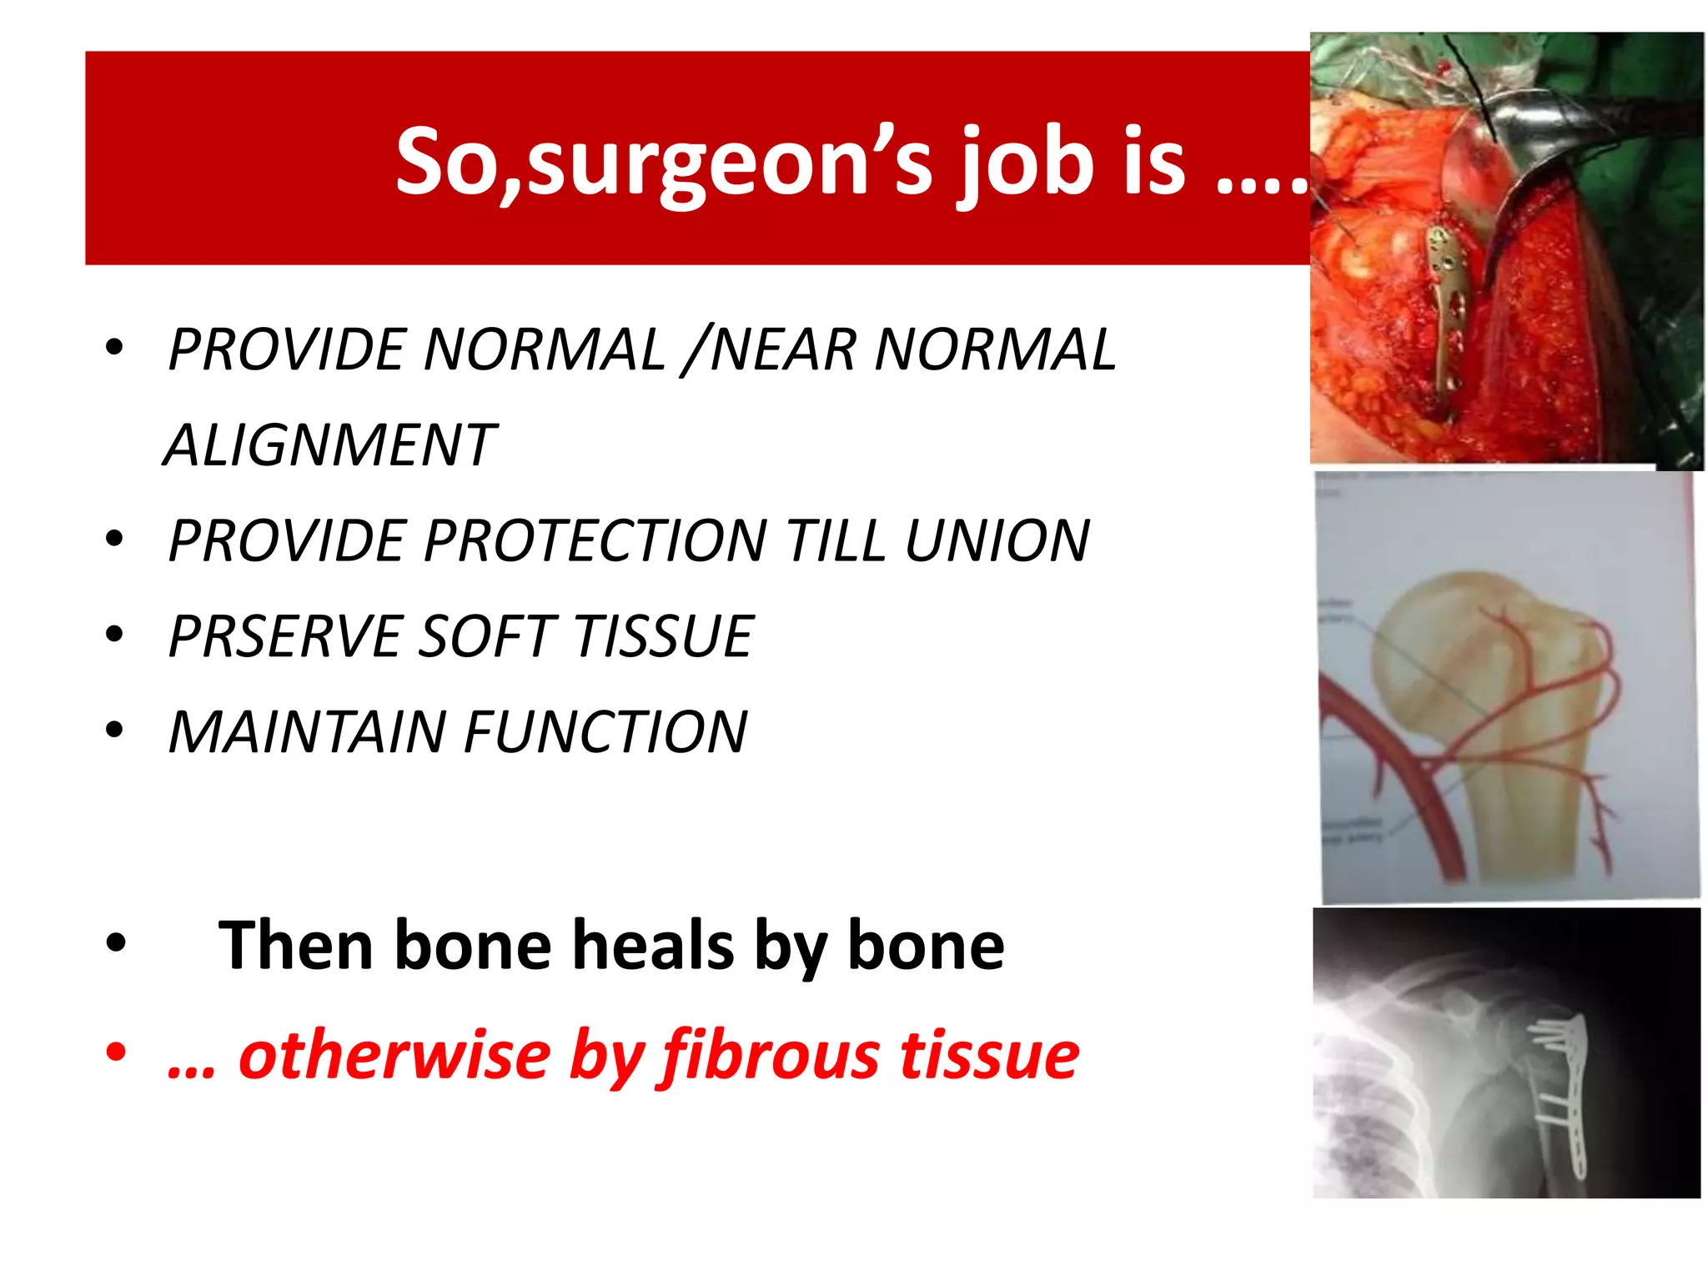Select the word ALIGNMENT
329,445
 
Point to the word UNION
997,540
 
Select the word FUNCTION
605,732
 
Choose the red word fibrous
771,1056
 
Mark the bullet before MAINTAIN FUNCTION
115,730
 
